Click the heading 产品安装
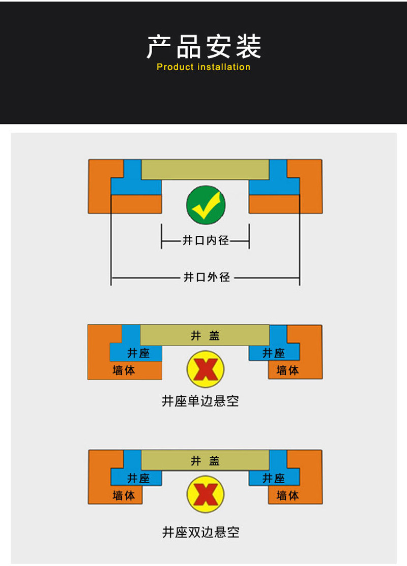(203, 47)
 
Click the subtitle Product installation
(203, 67)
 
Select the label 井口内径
(206, 240)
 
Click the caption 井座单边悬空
(200, 401)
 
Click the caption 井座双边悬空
(200, 532)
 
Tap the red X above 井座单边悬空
(206, 369)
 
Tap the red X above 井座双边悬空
(206, 494)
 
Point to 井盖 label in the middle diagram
(205, 336)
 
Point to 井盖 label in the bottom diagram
(205, 461)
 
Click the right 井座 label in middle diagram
(274, 353)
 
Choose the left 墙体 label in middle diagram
(124, 370)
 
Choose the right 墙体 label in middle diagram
(287, 370)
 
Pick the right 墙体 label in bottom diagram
(287, 495)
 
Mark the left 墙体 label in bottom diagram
(124, 495)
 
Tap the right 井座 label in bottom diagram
(274, 478)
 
